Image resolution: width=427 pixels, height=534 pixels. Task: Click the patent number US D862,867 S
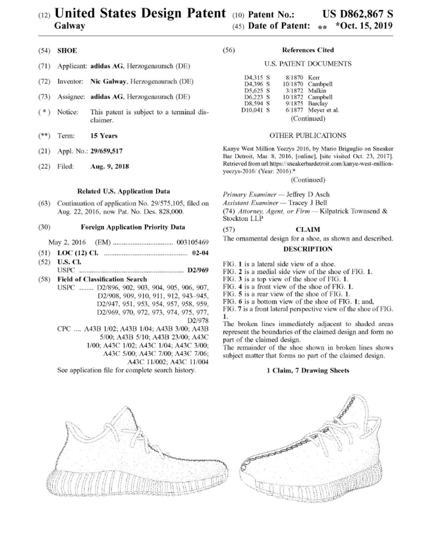pos(357,14)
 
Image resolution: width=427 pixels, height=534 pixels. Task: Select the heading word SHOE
pos(67,51)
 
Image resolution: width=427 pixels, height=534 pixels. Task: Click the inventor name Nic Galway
pos(108,81)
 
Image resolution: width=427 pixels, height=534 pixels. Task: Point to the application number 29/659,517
pos(106,151)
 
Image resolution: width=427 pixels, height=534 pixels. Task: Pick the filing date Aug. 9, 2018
pos(110,167)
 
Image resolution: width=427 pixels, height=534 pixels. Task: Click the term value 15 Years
pos(104,136)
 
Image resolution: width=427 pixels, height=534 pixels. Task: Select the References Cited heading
pos(308,50)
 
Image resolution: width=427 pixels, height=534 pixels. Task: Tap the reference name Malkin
pos(317,91)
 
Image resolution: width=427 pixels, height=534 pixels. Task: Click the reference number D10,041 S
pos(255,110)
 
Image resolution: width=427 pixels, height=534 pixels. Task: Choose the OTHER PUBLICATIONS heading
pos(308,135)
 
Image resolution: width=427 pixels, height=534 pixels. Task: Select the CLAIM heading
pos(308,229)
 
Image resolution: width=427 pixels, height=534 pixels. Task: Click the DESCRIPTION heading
pos(308,249)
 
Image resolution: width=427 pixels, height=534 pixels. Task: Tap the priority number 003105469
pos(193,242)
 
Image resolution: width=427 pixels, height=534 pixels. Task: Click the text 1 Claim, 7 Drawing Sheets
pos(308,371)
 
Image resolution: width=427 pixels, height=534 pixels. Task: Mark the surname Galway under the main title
pos(70,26)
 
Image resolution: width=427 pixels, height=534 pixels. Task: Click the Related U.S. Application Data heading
pos(123,191)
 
